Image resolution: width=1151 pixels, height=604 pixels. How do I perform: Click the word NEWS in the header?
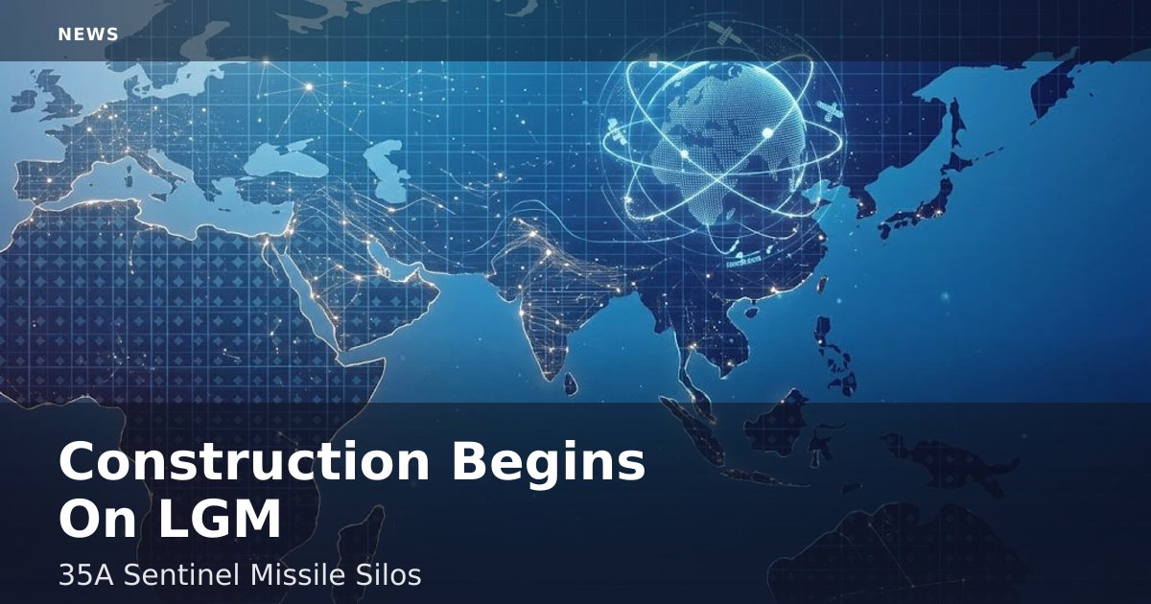(x=88, y=35)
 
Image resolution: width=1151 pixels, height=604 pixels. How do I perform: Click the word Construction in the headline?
(x=244, y=461)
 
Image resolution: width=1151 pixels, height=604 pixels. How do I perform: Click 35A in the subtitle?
(x=85, y=574)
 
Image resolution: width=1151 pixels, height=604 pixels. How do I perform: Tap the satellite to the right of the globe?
(x=830, y=112)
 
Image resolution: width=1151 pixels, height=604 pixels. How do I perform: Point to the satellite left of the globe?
(x=616, y=130)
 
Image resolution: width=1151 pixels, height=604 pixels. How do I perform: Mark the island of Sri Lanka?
(x=571, y=383)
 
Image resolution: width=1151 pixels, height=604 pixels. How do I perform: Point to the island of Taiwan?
(x=822, y=286)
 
